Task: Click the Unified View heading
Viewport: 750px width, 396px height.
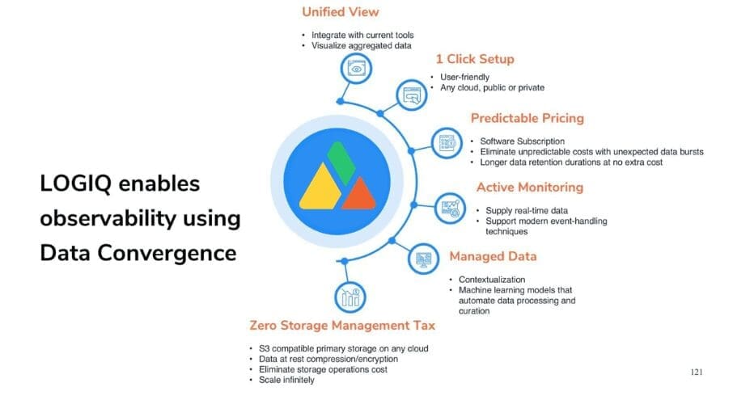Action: [341, 12]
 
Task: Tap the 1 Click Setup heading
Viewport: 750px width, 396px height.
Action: [475, 59]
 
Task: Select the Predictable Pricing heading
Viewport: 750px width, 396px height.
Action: [528, 118]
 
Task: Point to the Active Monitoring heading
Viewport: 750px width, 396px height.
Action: [530, 187]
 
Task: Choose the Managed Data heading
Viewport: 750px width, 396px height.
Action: [493, 256]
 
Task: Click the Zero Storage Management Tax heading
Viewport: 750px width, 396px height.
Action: [342, 326]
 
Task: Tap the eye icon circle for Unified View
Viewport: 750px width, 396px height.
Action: [356, 69]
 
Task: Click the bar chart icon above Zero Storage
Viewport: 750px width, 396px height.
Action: [350, 297]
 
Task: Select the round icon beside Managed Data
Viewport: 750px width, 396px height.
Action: [423, 259]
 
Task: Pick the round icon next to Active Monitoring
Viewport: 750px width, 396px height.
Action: [450, 208]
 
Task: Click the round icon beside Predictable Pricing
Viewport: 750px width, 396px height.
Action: [447, 142]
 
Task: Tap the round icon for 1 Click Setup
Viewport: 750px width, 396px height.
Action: [412, 95]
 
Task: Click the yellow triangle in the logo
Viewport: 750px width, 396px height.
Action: [320, 187]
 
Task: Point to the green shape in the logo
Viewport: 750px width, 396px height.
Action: [341, 162]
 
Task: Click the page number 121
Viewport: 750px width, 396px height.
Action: [697, 372]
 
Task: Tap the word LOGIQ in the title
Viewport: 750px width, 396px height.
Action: [75, 184]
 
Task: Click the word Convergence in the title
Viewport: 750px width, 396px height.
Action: [167, 253]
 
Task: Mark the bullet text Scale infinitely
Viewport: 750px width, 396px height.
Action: [286, 380]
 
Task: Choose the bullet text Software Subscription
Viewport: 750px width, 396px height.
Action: [523, 141]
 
